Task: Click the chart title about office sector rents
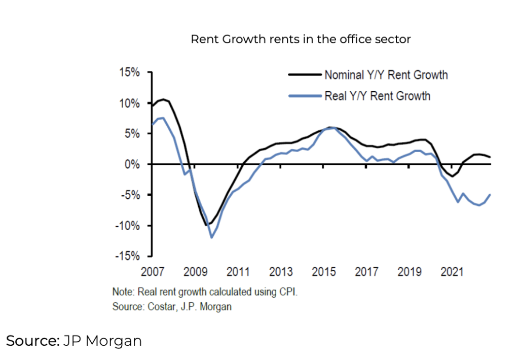coord(301,39)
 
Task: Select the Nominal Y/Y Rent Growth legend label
coord(386,75)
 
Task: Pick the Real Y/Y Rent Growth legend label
coord(377,95)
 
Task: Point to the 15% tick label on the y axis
coord(129,73)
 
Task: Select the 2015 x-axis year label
coord(323,272)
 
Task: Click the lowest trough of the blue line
coord(211,237)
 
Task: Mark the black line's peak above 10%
coord(163,99)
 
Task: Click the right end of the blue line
coord(490,195)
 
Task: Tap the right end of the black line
coord(490,157)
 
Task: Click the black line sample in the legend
coord(305,75)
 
